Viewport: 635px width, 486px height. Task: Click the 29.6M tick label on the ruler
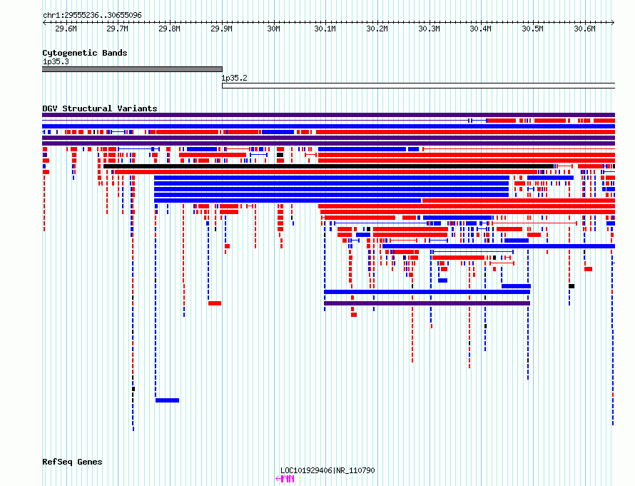[66, 29]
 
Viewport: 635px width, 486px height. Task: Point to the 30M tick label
[274, 29]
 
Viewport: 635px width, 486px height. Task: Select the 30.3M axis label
[430, 29]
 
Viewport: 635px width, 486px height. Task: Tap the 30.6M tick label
[585, 29]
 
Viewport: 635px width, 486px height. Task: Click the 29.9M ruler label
[221, 29]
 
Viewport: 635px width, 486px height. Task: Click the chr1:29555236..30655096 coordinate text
[92, 16]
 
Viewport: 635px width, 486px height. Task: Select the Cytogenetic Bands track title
[85, 53]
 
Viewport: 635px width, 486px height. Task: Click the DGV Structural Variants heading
[100, 108]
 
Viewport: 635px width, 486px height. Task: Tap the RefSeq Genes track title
[72, 462]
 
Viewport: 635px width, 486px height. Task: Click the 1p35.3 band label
[56, 61]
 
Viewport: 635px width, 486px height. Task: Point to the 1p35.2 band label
[234, 78]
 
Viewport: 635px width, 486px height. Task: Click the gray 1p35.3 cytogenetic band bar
[132, 69]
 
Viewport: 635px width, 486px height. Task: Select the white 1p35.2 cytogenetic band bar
[418, 86]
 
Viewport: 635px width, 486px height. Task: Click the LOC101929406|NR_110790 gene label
[327, 470]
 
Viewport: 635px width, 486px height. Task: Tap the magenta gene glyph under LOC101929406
[285, 479]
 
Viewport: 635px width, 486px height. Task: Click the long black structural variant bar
[328, 166]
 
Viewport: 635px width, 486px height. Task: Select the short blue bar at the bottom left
[167, 400]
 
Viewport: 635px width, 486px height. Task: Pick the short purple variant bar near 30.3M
[427, 303]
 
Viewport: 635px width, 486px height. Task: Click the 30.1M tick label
[325, 29]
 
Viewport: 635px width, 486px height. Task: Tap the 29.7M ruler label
[118, 29]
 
